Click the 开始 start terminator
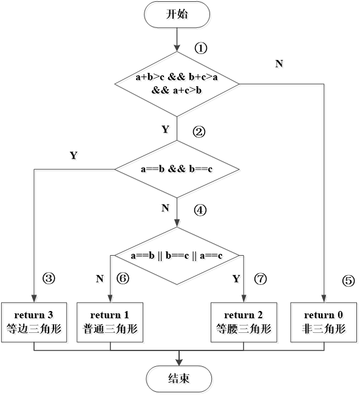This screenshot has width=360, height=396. coord(178,16)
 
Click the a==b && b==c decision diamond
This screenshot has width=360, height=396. coord(178,170)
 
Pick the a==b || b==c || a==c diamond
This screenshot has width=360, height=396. coord(178,257)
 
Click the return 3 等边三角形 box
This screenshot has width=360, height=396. coord(34,323)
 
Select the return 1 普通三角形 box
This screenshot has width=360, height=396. coord(110,323)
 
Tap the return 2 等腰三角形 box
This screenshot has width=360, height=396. coord(244,323)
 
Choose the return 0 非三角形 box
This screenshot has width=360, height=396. coord(325,323)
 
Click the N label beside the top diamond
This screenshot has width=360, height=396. coord(280,65)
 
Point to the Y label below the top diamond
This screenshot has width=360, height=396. coord(168,130)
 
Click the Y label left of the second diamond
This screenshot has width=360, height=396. coord(75,157)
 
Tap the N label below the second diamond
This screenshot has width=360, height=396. coord(167,209)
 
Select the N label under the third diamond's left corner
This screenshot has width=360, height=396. coord(101,280)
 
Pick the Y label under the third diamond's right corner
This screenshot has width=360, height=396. coord(238,280)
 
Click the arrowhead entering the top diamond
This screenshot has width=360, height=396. coord(178,49)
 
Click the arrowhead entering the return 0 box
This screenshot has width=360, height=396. coord(325,298)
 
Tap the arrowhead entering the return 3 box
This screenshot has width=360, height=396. coord(34,298)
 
